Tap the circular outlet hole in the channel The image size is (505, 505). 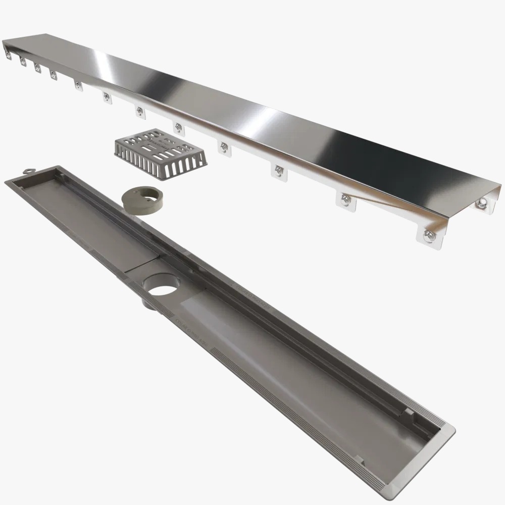(163, 285)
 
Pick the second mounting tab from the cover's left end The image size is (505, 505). (23, 62)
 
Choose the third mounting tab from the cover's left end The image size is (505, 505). (37, 68)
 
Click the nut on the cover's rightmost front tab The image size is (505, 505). (429, 236)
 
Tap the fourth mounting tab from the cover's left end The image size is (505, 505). (53, 75)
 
